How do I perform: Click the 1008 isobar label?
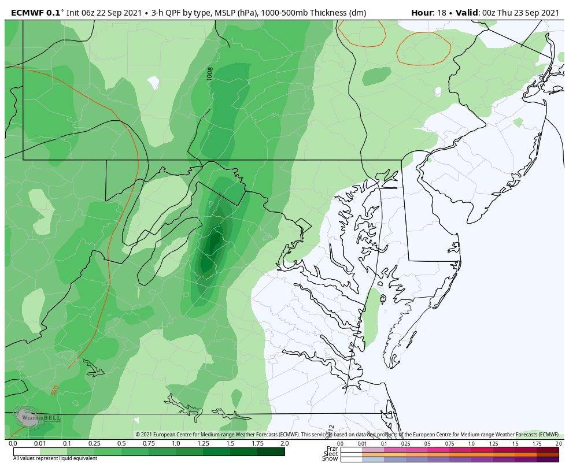(210, 73)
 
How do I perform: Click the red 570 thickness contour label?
(55, 391)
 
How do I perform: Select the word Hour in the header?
(422, 13)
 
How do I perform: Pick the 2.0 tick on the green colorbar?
(284, 443)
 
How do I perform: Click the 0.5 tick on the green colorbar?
(121, 443)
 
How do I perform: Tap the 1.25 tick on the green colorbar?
(203, 443)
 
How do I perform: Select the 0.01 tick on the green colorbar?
(40, 443)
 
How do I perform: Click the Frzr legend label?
(332, 449)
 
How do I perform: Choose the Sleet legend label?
(331, 454)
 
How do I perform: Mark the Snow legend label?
(331, 459)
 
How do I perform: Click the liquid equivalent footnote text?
(55, 458)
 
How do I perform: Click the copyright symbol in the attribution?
(138, 435)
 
